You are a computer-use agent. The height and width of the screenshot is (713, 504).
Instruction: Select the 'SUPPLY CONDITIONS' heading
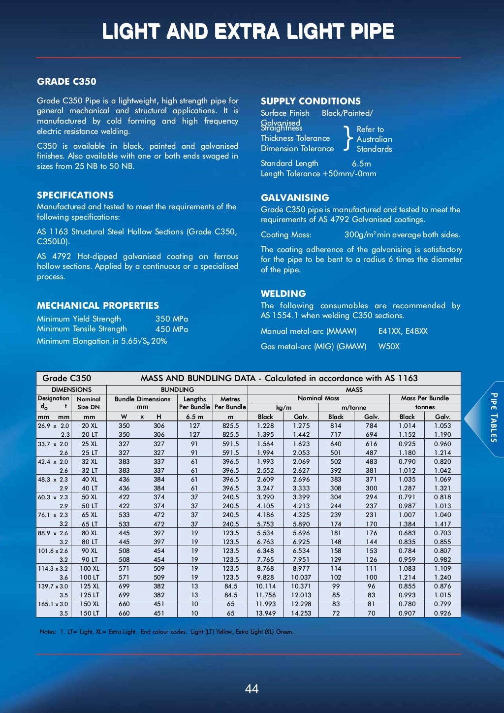[x=311, y=101]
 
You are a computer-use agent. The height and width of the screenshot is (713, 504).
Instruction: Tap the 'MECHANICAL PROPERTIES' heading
[x=97, y=305]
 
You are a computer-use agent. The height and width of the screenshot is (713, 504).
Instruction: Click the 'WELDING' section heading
[x=283, y=293]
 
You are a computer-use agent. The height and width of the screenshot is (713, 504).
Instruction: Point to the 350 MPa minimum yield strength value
[x=171, y=319]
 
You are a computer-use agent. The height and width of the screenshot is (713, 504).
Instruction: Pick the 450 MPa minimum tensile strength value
[x=171, y=329]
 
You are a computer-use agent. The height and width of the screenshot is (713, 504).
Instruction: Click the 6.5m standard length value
[x=361, y=163]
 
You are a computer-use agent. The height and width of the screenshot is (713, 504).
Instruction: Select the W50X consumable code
[x=389, y=346]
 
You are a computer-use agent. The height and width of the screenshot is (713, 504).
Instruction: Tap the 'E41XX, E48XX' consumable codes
[x=403, y=331]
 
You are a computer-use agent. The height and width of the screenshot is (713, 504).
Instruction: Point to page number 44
[x=252, y=688]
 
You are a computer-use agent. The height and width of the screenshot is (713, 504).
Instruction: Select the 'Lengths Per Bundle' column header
[x=194, y=403]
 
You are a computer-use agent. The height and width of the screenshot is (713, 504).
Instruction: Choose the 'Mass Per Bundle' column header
[x=425, y=398]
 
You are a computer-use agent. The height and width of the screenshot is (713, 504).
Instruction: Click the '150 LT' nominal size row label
[x=89, y=613]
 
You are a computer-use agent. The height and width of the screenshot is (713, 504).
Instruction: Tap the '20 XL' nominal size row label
[x=89, y=425]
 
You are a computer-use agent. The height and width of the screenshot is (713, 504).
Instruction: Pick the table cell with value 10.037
[x=301, y=577]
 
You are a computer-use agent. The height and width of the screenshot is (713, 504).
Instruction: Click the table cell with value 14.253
[x=301, y=613]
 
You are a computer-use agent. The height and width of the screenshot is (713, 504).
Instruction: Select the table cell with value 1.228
[x=265, y=425]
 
